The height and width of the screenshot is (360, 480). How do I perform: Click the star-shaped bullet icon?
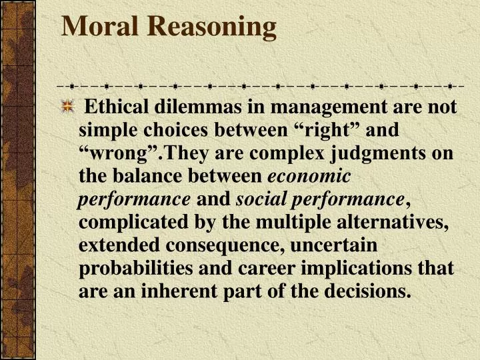click(x=67, y=107)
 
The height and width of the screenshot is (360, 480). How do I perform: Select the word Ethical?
click(x=118, y=107)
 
